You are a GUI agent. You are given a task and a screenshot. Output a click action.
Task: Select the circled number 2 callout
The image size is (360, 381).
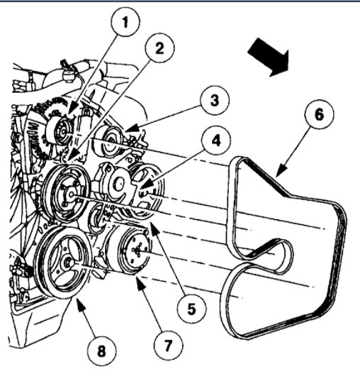coord(158,49)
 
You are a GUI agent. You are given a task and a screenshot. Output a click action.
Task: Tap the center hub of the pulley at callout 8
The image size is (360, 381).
coord(67,263)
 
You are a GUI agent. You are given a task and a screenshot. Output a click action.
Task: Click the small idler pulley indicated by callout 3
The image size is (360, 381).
coord(113,136)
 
